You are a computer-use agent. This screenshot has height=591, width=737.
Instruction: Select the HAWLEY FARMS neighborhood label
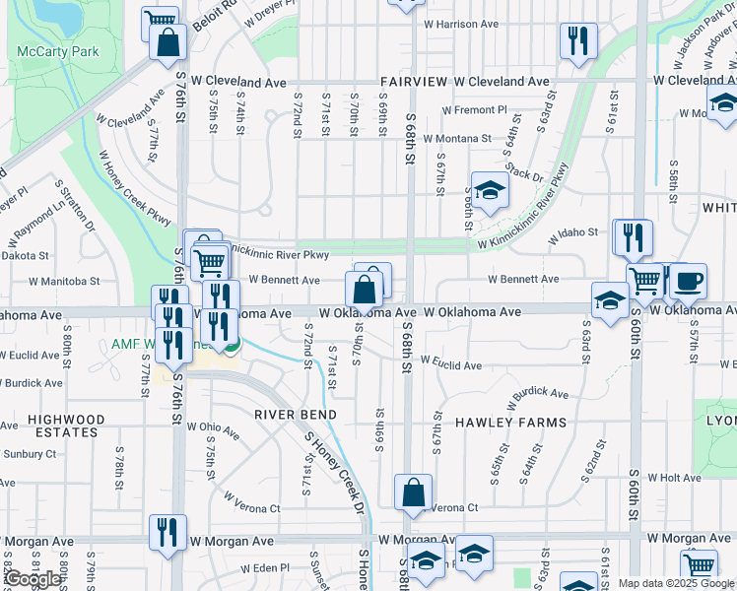pyautogui.click(x=510, y=423)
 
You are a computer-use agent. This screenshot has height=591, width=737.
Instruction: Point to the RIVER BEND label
pyautogui.click(x=297, y=415)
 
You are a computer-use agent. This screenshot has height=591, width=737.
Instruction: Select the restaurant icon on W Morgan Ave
pyautogui.click(x=167, y=531)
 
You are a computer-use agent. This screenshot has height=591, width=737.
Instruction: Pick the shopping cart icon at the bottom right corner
pyautogui.click(x=700, y=565)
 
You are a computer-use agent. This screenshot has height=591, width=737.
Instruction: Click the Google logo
pyautogui.click(x=32, y=579)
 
